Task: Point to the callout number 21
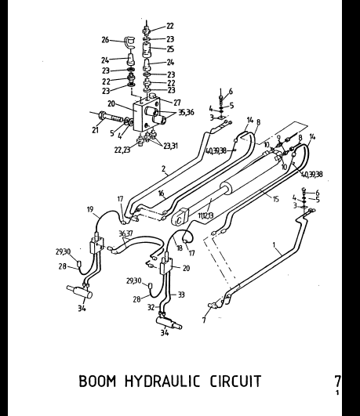pos(94,131)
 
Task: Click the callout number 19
pos(91,209)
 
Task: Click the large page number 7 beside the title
pos(337,382)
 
